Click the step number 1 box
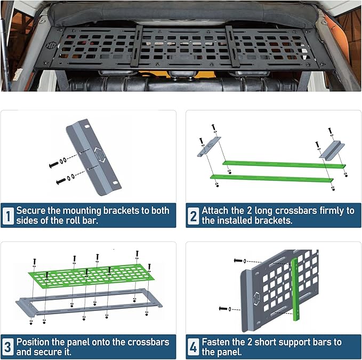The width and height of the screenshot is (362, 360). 8,215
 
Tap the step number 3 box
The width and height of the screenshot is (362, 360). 8,347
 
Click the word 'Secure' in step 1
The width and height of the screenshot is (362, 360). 30,211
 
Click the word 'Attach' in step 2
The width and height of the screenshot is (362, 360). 215,211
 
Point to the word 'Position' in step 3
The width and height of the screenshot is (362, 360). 33,342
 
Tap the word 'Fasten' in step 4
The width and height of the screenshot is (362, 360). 216,342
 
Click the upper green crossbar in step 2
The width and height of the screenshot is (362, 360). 283,164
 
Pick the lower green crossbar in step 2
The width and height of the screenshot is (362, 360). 272,179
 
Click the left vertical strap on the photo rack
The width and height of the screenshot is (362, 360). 137,45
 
